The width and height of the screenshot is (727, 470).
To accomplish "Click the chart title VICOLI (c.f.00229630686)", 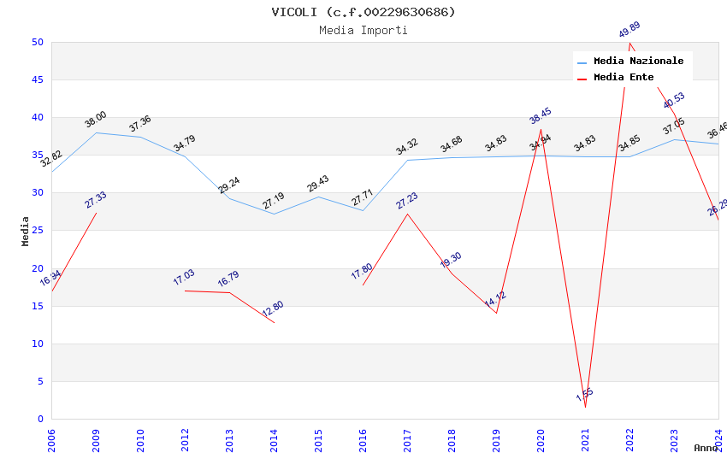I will tap(363, 12).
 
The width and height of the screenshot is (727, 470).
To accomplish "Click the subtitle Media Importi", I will tap(363, 30).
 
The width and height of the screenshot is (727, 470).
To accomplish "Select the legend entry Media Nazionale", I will tap(638, 61).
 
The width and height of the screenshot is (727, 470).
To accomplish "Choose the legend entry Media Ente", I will tap(624, 77).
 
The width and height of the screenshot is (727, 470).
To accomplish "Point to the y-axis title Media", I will tap(25, 231).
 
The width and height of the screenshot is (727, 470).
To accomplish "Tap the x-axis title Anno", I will tap(706, 448).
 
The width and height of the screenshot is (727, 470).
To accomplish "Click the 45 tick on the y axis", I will tap(37, 80).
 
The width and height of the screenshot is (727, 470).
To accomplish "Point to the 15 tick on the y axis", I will tap(37, 306).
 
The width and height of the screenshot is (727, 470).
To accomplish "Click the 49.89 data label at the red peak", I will tap(629, 30).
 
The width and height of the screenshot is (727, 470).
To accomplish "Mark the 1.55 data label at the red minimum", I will tap(585, 395).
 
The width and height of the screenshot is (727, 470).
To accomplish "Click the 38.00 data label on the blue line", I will tap(96, 120).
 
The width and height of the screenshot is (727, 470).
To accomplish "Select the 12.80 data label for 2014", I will tap(274, 308).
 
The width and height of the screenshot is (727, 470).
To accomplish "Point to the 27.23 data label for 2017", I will tap(407, 201).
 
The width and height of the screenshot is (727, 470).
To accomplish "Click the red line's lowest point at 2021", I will tap(585, 407).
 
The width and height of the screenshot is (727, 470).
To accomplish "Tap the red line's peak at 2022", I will tap(629, 43).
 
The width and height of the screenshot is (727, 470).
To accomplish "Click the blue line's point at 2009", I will tap(96, 132).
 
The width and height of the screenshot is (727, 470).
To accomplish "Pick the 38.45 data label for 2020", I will tap(541, 116).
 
